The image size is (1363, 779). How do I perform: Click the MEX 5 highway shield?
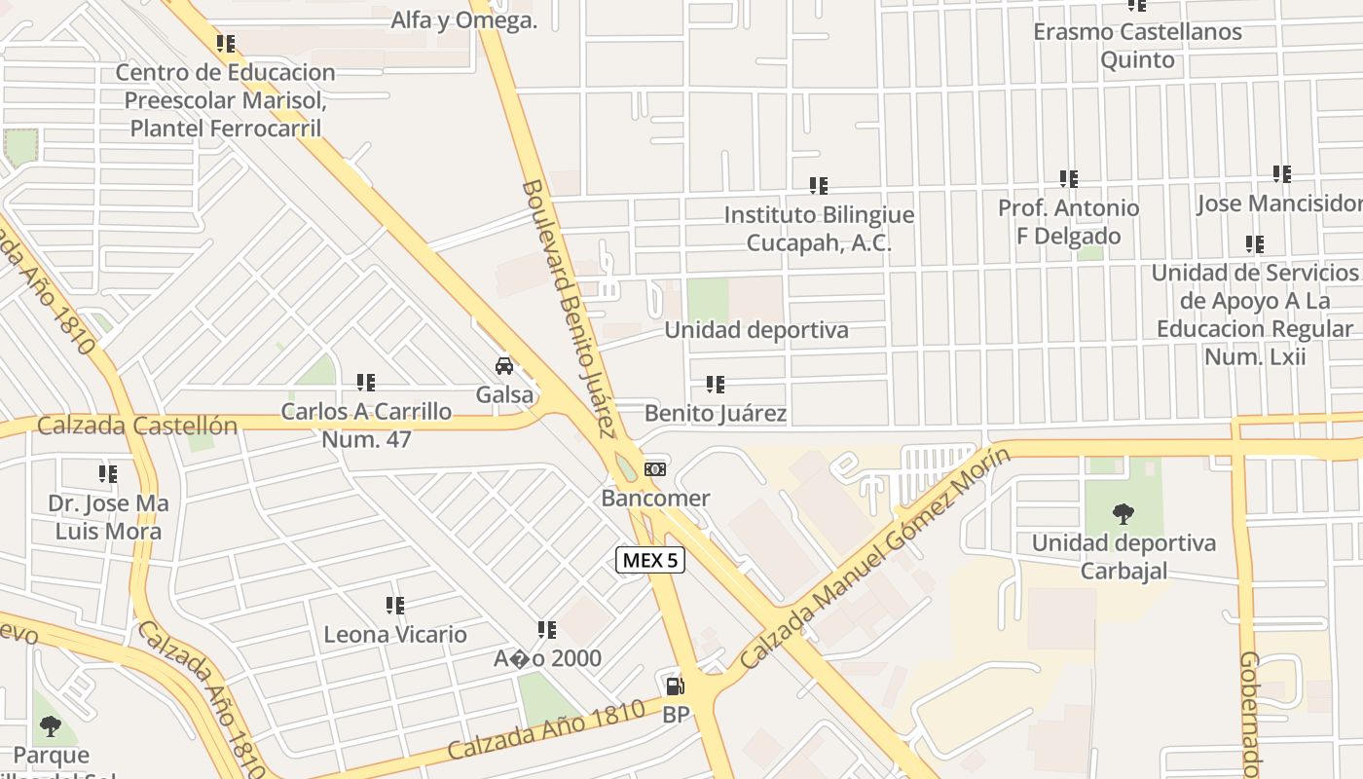coord(650,560)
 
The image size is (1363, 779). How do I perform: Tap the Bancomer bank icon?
coord(655,469)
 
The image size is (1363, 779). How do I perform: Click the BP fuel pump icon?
coord(675,686)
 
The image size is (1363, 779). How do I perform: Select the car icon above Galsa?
coord(504,366)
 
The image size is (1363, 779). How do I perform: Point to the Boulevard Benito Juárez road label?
coord(570,308)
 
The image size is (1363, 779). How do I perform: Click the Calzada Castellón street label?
coord(137,426)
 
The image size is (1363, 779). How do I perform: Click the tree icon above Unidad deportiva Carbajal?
coord(1124,513)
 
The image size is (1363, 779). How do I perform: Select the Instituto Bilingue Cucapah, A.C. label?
coord(819,229)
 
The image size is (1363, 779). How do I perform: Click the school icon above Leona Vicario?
coord(395,606)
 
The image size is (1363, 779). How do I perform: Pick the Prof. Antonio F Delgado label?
coord(1068,222)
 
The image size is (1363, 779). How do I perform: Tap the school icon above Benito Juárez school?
coord(716,385)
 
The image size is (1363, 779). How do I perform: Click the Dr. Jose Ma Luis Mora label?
coord(108,518)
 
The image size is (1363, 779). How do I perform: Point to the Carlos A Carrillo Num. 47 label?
coord(366,426)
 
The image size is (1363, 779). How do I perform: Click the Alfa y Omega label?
coord(463,19)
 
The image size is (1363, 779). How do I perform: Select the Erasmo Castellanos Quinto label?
coord(1137,46)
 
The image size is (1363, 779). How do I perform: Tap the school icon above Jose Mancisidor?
coord(1282,174)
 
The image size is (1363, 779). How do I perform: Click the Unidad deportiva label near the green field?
coord(755,330)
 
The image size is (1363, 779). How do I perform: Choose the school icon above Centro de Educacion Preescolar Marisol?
coord(226,44)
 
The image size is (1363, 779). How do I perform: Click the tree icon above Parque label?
coord(50,725)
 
